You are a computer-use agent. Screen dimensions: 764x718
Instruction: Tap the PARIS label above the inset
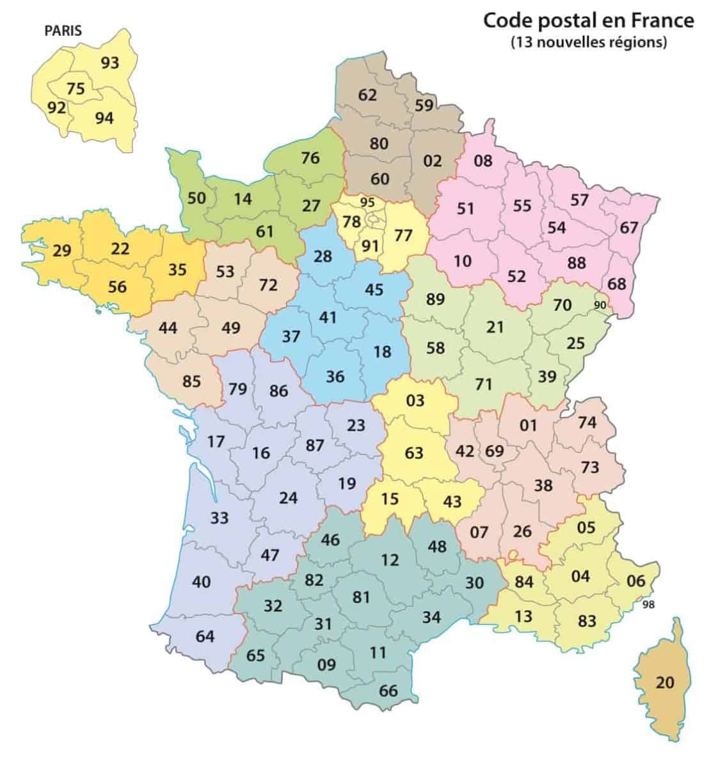coord(63,30)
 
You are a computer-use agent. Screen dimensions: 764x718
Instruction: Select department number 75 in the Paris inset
coord(76,89)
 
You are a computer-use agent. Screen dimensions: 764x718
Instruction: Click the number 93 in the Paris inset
coord(110,63)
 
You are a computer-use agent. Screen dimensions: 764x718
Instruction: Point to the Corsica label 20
coord(666,683)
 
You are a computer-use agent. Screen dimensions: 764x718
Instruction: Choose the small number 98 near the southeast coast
coord(648,605)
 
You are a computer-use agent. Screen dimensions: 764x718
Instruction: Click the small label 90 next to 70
coord(600,305)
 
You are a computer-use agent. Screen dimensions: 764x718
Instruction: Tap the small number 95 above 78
coord(367,203)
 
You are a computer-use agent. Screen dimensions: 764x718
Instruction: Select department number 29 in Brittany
coord(61,250)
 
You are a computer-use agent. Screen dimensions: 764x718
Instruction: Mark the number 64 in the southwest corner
coord(205,636)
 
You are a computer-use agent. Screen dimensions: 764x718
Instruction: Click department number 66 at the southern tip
coord(388,691)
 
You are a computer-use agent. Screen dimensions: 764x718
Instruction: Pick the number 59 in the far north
coord(424,105)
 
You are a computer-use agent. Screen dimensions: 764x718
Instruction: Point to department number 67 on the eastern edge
coord(629,228)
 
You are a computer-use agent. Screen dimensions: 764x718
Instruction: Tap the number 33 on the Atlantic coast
coord(219,517)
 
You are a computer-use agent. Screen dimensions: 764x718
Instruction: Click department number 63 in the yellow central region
coord(414,452)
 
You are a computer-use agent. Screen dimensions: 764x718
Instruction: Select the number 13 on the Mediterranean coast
coord(523,616)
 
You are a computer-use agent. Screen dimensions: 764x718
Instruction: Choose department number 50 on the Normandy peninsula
coord(196,198)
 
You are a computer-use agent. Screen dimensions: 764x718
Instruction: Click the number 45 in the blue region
coord(374,290)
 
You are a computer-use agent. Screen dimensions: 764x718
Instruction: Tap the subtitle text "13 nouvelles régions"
coord(589,43)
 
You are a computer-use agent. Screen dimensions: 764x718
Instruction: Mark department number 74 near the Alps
coord(587,422)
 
